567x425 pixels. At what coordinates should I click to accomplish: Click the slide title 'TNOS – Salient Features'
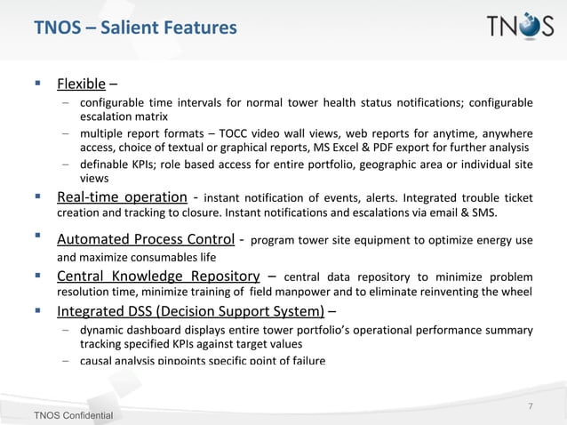click(x=135, y=28)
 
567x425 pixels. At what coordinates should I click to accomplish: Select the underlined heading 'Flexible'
click(x=82, y=85)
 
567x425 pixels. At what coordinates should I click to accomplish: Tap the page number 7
click(x=530, y=407)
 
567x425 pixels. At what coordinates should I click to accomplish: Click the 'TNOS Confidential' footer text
click(x=73, y=416)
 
